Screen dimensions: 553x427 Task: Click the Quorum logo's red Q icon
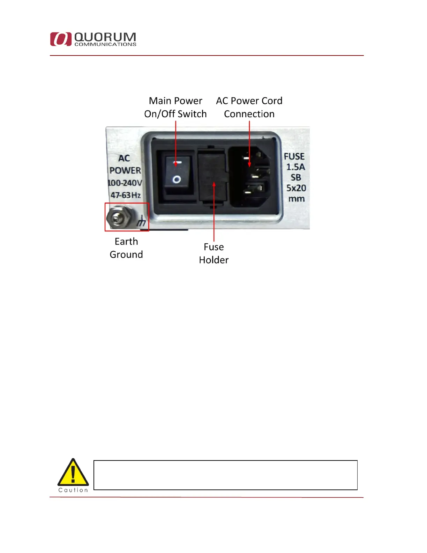coord(61,39)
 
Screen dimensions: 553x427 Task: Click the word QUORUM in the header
coord(105,37)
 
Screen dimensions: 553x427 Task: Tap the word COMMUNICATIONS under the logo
coord(105,44)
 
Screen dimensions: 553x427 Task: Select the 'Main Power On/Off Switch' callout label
coord(175,107)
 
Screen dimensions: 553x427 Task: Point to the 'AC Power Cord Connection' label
coord(249,107)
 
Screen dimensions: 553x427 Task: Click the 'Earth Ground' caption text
coord(126,248)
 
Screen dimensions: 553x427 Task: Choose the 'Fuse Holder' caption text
coord(213,253)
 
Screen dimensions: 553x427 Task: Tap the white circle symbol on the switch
coord(177,179)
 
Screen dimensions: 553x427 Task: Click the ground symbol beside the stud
coord(141,221)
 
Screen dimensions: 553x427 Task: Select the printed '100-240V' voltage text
coord(125,183)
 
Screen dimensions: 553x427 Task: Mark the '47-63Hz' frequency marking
coord(126,195)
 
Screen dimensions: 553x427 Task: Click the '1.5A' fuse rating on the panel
coord(295,167)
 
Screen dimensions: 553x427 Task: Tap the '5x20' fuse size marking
coord(296,188)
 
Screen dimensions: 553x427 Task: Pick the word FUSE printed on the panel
coord(294,156)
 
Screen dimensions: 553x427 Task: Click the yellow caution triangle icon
coord(73,473)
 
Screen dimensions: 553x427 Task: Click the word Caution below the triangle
coord(73,490)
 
